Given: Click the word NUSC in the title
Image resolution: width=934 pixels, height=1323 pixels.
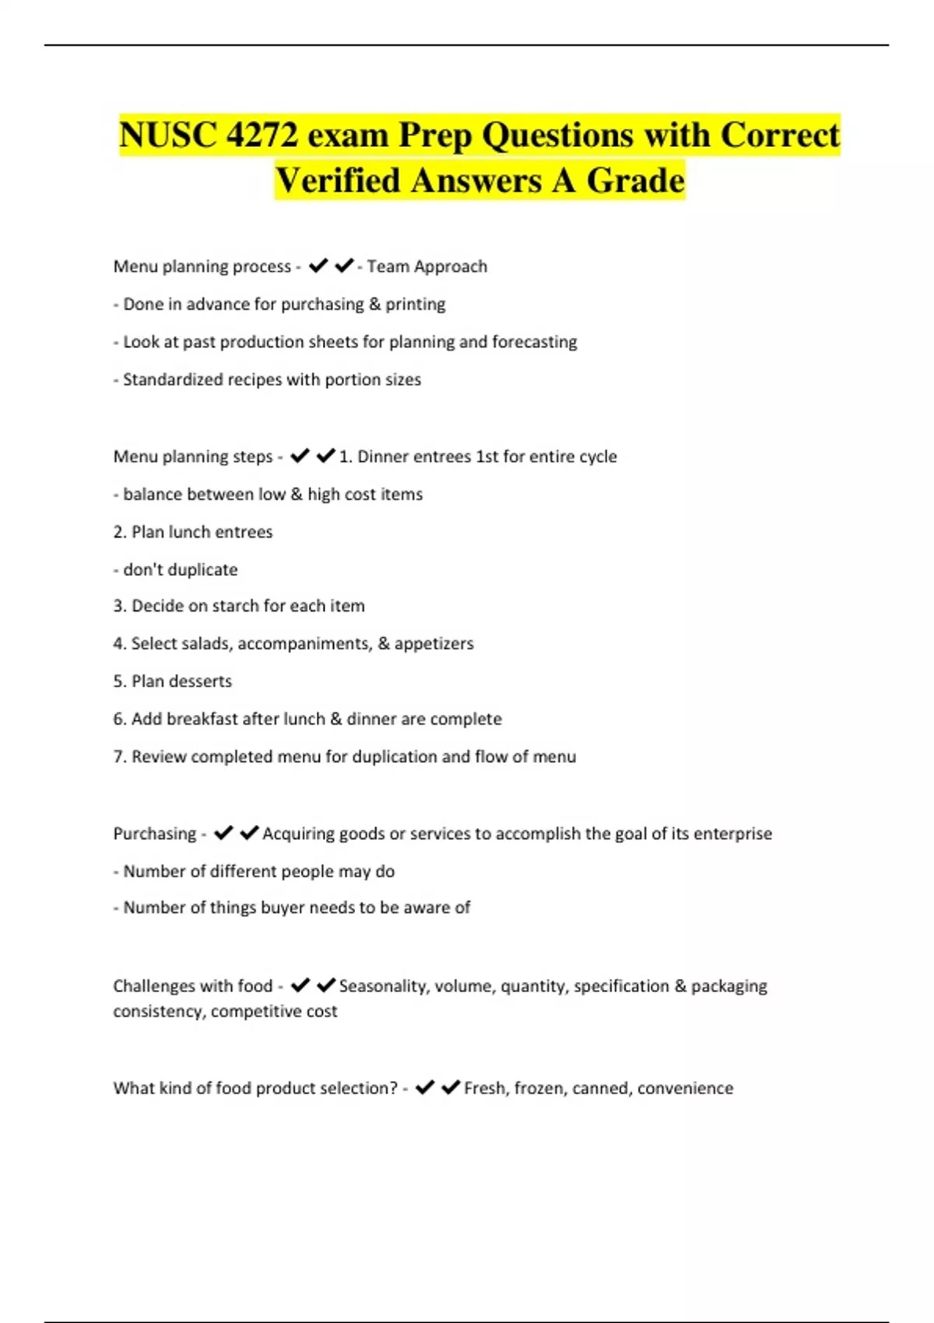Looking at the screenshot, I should [x=168, y=135].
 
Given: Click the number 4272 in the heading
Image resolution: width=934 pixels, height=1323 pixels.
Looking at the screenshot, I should [x=262, y=135].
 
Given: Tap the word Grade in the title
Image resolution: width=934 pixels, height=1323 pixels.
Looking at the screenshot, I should [x=635, y=181].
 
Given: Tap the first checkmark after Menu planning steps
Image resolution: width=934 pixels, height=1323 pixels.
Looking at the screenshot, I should [x=300, y=456].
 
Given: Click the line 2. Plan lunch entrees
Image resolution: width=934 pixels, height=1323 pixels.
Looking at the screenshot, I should [x=193, y=532].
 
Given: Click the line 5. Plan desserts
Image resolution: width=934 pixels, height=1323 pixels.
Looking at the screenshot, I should [x=173, y=682].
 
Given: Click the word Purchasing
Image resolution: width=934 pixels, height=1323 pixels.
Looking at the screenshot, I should [x=154, y=833].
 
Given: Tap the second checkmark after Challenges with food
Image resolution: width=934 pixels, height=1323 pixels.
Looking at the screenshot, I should [x=326, y=986].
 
